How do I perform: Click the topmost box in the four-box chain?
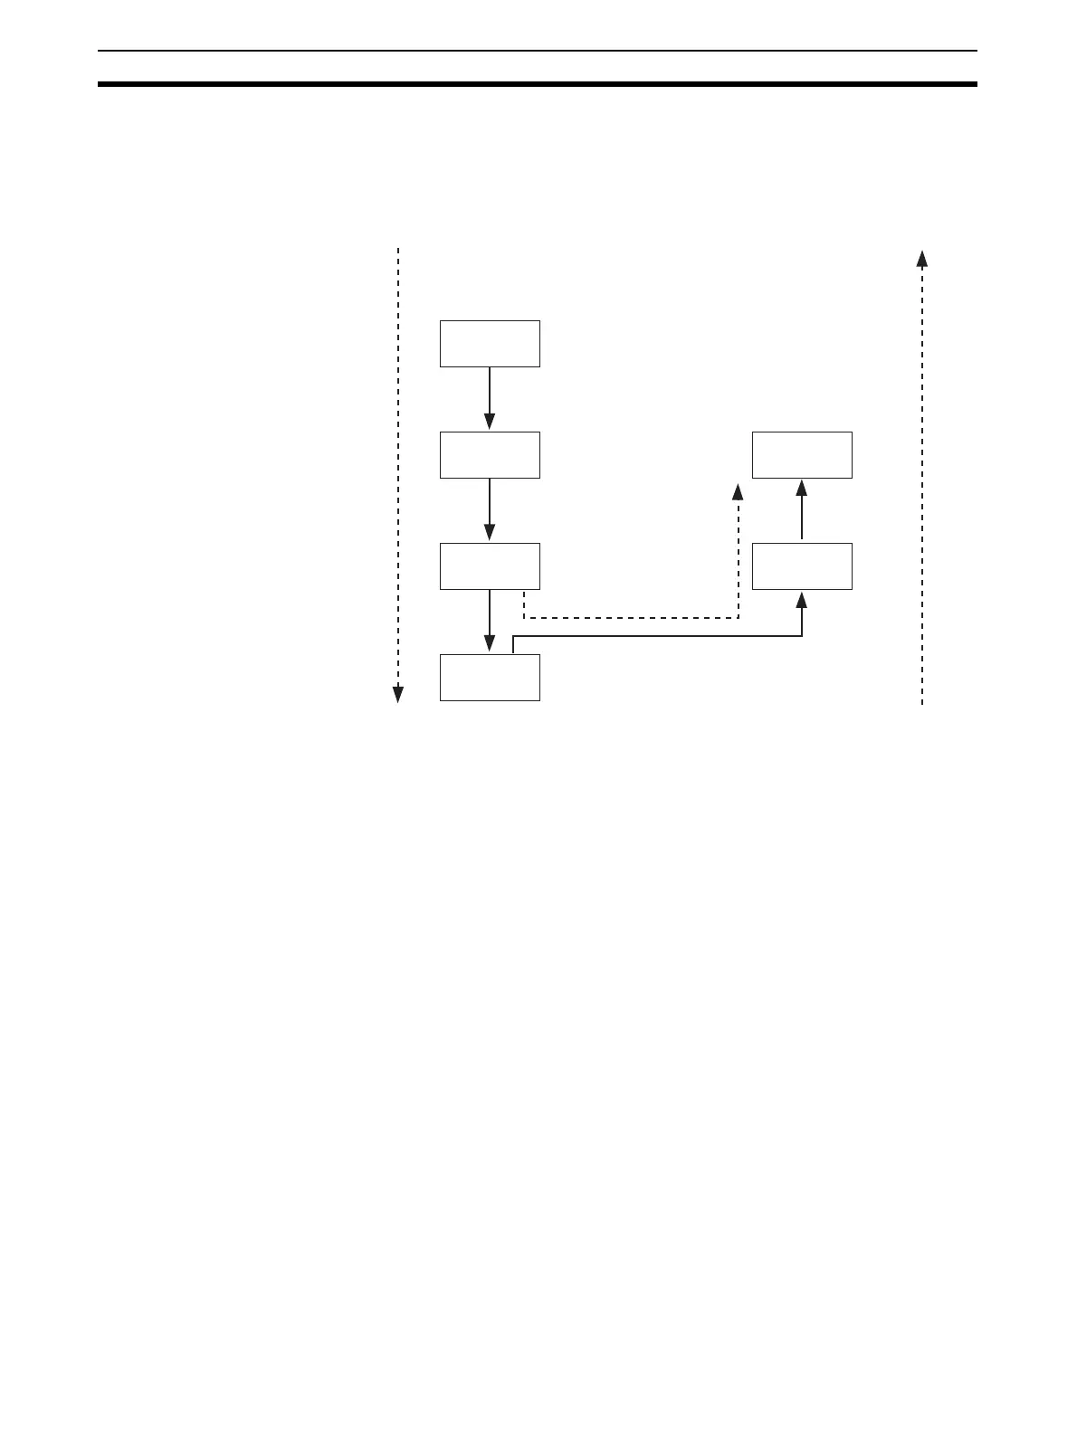pyautogui.click(x=490, y=343)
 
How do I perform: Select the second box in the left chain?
pyautogui.click(x=490, y=454)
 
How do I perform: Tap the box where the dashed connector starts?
pyautogui.click(x=490, y=565)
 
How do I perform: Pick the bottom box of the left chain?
pyautogui.click(x=490, y=677)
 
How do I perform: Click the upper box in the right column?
pyautogui.click(x=802, y=454)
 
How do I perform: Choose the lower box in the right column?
pyautogui.click(x=802, y=565)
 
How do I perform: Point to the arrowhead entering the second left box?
pyautogui.click(x=490, y=422)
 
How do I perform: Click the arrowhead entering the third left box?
pyautogui.click(x=490, y=533)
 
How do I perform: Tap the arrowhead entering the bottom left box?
pyautogui.click(x=490, y=643)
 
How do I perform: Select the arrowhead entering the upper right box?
pyautogui.click(x=802, y=489)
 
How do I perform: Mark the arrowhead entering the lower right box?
pyautogui.click(x=802, y=600)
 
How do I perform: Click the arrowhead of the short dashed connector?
pyautogui.click(x=738, y=493)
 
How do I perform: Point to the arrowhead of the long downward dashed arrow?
pyautogui.click(x=397, y=694)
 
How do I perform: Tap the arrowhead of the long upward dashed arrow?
pyautogui.click(x=922, y=259)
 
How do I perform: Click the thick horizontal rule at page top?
pyautogui.click(x=538, y=84)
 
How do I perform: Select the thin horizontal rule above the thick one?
pyautogui.click(x=538, y=51)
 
